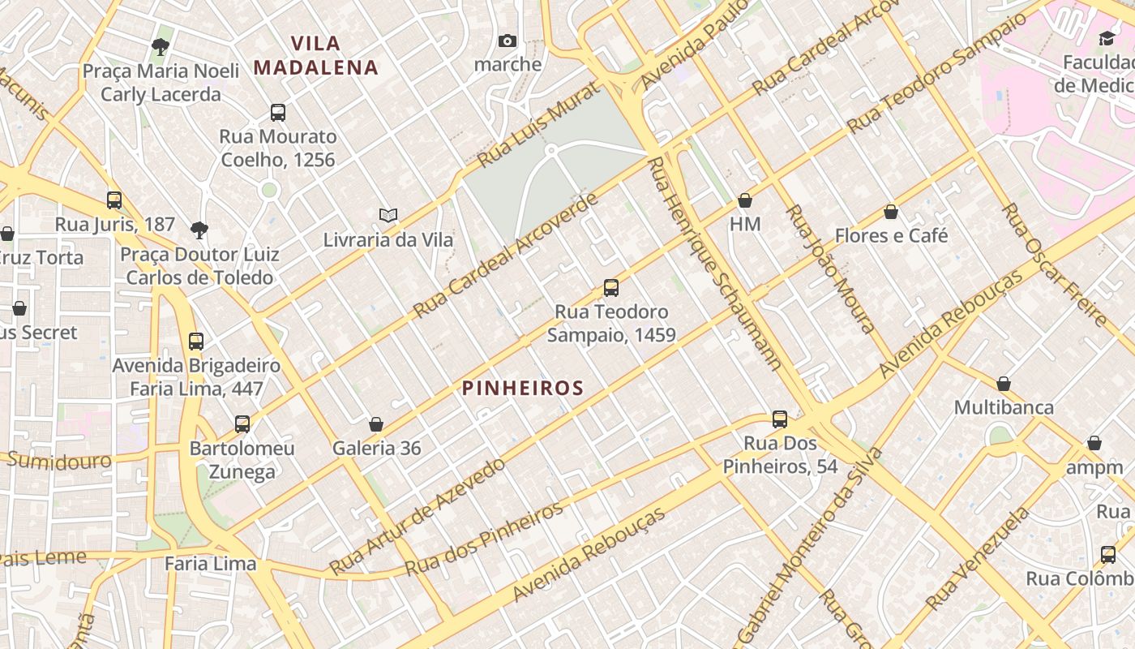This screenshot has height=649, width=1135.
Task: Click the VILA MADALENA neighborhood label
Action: coord(315,55)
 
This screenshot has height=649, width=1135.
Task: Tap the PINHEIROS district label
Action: coord(523,389)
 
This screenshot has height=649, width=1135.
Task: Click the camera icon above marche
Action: coord(508,41)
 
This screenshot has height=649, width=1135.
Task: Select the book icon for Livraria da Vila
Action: coord(388,215)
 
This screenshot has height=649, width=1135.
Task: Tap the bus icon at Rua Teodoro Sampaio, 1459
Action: coord(611,287)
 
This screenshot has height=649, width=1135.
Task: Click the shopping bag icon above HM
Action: coord(745,200)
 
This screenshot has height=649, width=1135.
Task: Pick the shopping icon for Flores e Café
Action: coord(891,212)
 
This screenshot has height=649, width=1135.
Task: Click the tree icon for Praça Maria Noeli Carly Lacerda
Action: coord(161,46)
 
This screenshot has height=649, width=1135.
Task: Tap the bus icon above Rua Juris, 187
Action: coord(114,200)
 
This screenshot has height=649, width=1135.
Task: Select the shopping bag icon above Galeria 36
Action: coord(376,423)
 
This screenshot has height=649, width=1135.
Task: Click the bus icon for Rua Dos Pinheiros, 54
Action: coord(780,419)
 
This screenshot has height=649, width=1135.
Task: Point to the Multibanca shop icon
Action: coord(1004,383)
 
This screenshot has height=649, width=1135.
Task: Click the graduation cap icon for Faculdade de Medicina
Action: coord(1107,38)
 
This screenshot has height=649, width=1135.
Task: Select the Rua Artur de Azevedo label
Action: coord(418,517)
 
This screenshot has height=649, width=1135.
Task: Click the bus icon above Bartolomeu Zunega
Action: coord(242,423)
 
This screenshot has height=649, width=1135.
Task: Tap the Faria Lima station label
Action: coord(210,563)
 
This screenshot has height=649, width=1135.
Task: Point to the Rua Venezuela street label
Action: coord(978,559)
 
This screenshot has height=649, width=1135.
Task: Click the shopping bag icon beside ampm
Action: coord(1094,442)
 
